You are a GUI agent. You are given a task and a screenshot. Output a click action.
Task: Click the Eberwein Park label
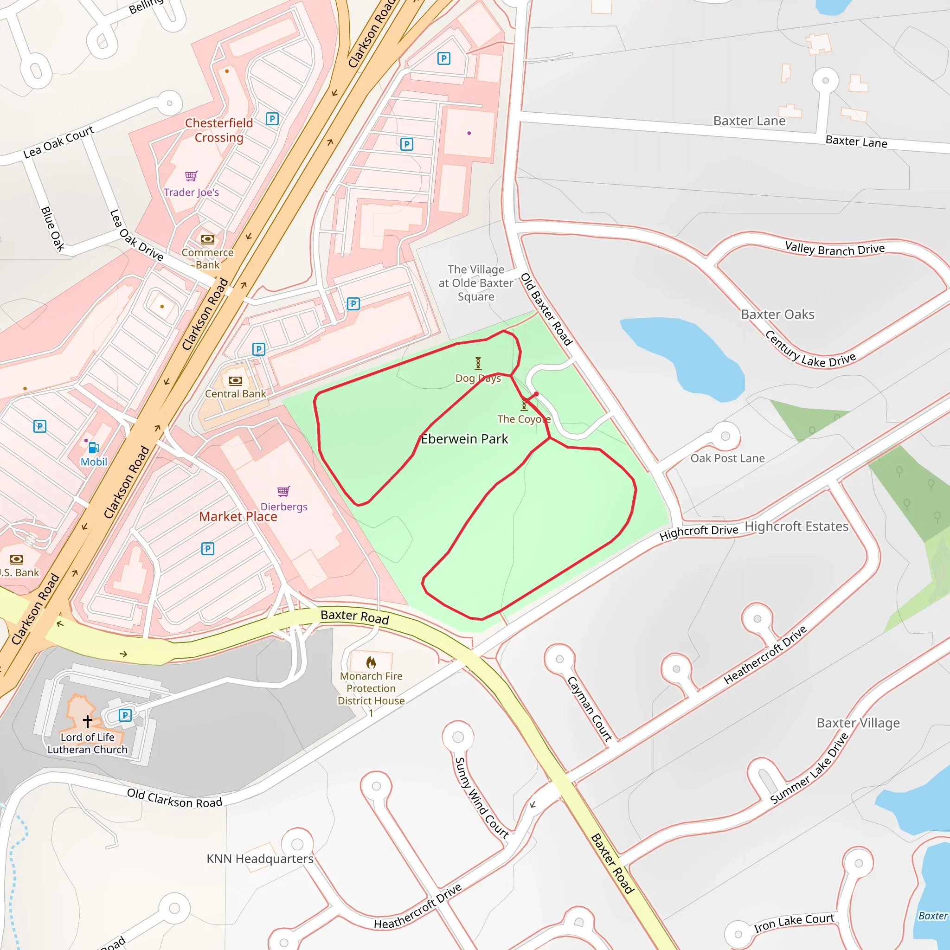pyautogui.click(x=464, y=439)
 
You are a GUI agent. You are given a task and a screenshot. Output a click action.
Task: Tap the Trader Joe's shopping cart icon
pyautogui.click(x=191, y=176)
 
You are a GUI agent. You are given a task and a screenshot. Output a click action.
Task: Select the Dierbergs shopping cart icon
pyautogui.click(x=284, y=491)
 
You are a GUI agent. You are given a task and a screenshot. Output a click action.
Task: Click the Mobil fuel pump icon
pyautogui.click(x=93, y=448)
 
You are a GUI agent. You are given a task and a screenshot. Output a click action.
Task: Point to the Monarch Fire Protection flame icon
pyautogui.click(x=371, y=662)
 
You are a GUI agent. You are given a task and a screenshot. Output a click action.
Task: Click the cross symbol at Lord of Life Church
pyautogui.click(x=88, y=721)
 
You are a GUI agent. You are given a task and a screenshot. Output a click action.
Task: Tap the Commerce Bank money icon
pyautogui.click(x=207, y=239)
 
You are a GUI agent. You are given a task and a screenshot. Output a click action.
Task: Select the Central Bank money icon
pyautogui.click(x=236, y=380)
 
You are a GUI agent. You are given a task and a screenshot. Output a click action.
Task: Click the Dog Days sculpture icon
pyautogui.click(x=478, y=363)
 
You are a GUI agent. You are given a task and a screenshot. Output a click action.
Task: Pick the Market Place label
pyautogui.click(x=238, y=516)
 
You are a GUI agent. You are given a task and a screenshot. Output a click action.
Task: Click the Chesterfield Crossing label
pyautogui.click(x=219, y=130)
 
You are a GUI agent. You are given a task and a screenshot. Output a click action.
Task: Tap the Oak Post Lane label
pyautogui.click(x=727, y=458)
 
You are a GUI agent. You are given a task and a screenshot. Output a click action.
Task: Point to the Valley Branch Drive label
pyautogui.click(x=834, y=249)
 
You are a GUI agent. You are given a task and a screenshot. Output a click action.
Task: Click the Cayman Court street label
pyautogui.click(x=590, y=709)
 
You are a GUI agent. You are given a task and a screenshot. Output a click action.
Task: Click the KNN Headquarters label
pyautogui.click(x=260, y=859)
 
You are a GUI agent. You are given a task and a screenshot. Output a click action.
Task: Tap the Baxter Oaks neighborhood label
pyautogui.click(x=777, y=314)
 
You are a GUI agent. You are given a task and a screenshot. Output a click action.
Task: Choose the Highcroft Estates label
pyautogui.click(x=796, y=526)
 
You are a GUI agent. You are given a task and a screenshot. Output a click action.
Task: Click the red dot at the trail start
pyautogui.click(x=536, y=394)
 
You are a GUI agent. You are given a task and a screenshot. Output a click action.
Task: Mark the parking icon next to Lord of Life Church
pyautogui.click(x=125, y=715)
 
